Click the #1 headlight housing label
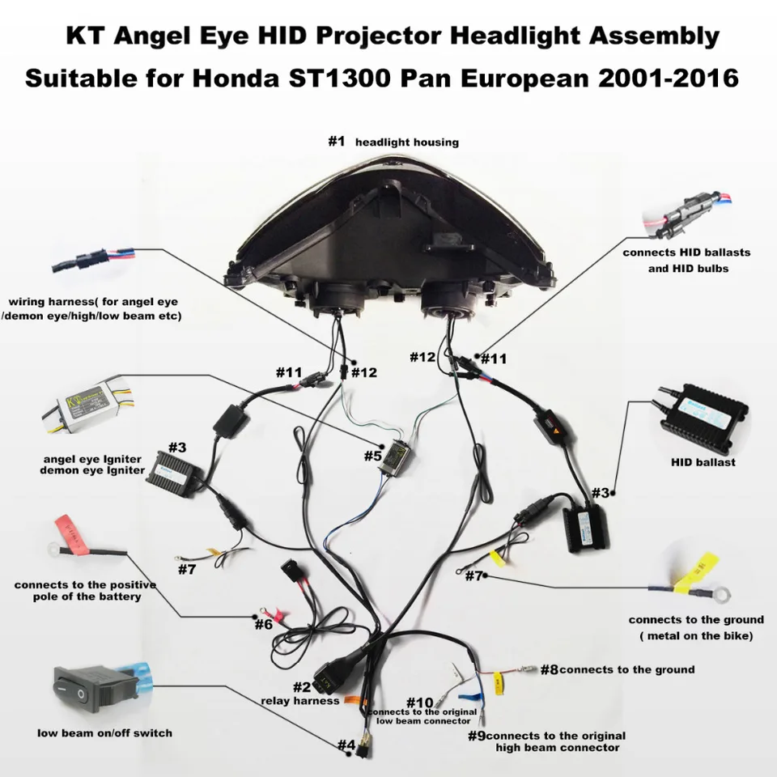393,142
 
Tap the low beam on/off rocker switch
84,688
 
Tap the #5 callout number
372,456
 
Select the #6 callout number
263,624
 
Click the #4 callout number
346,745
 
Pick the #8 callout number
549,669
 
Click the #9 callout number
477,736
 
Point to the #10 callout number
420,702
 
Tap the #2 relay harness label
300,694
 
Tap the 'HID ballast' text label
703,463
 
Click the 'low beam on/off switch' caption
105,733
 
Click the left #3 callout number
177,447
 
